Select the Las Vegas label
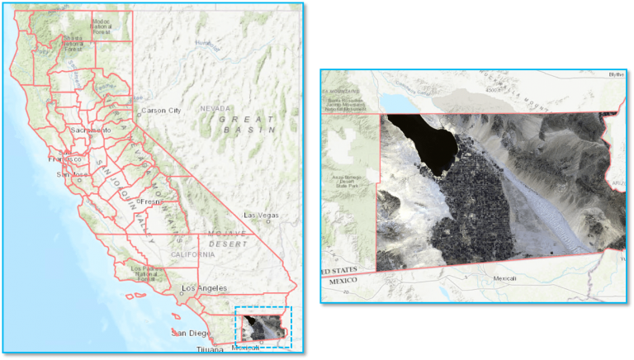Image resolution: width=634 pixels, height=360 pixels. pyautogui.click(x=261, y=215)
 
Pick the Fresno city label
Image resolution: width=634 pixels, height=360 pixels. pyautogui.click(x=153, y=201)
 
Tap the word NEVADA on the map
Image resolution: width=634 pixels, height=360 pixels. pyautogui.click(x=216, y=108)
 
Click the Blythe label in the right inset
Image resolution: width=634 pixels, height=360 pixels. pyautogui.click(x=616, y=74)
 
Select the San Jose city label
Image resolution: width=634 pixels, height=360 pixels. pyautogui.click(x=70, y=175)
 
